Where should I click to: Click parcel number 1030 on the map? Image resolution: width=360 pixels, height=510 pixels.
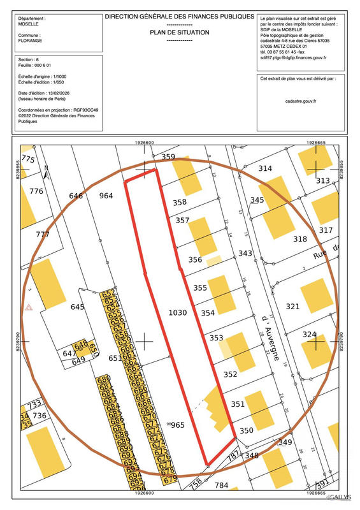point(178,313)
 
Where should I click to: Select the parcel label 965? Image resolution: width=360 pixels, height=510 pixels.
point(178,425)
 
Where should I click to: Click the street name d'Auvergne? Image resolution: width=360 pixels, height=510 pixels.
point(268,339)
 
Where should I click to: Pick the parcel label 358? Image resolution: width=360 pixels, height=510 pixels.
point(180,203)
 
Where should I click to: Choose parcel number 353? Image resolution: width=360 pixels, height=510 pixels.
point(216,338)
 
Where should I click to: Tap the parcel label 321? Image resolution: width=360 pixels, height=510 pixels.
point(292,307)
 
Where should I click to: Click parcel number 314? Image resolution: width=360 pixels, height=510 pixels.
point(264,168)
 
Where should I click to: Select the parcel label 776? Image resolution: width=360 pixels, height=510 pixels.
point(36,191)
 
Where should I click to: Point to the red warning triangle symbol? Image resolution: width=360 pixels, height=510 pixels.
point(29,308)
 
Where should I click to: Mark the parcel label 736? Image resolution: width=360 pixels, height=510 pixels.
point(40,416)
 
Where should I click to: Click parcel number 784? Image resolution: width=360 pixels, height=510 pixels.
point(221,486)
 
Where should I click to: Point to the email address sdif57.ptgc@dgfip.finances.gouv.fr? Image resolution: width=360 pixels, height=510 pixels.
point(293,58)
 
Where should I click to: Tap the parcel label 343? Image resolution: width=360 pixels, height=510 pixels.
point(245,254)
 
